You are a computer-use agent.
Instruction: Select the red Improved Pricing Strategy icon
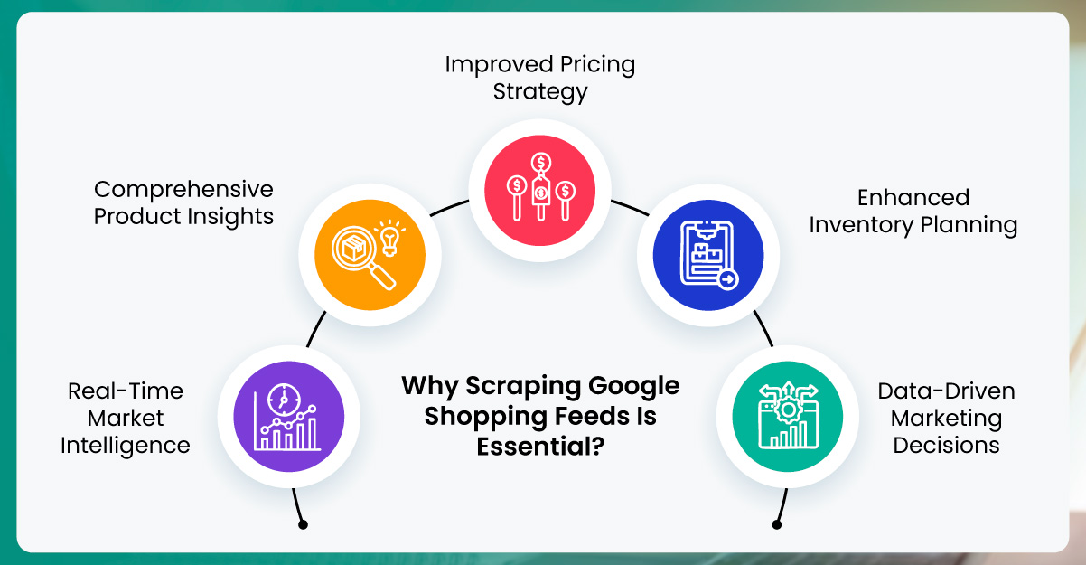coord(540,188)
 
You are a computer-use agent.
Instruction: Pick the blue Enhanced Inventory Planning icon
coord(708,255)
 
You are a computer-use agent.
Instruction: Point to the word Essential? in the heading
coord(540,446)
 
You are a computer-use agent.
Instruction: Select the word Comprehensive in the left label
coord(183,189)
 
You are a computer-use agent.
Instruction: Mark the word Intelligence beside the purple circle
coord(126,445)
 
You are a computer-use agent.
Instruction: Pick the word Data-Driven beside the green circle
coord(946,391)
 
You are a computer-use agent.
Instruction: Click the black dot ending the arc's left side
coord(303,524)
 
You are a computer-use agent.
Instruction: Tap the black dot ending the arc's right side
coord(777,524)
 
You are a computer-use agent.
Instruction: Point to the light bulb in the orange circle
coord(389,237)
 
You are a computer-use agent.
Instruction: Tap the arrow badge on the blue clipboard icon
coord(727,280)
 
